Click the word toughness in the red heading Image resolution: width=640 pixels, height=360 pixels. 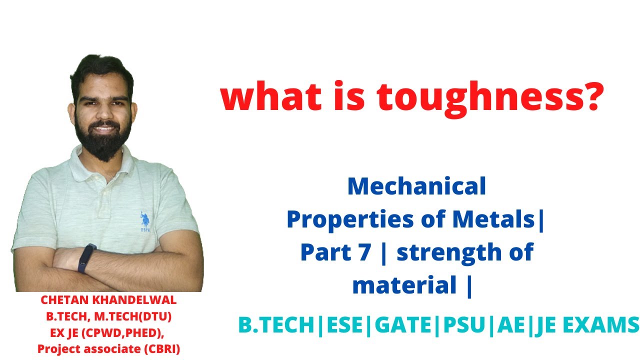click(450, 98)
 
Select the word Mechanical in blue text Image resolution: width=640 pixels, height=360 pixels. click(416, 186)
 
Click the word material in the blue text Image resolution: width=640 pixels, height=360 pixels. click(403, 285)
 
